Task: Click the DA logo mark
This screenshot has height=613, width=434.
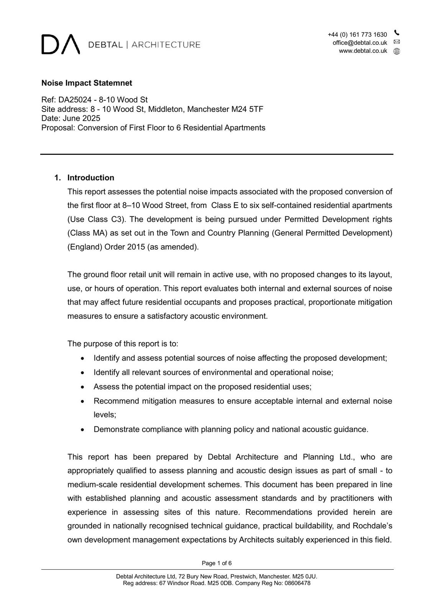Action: (61, 44)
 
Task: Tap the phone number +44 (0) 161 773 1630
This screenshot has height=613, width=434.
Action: (357, 35)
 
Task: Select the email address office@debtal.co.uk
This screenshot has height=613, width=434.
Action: (360, 43)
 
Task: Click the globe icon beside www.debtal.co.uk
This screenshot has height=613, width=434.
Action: (397, 51)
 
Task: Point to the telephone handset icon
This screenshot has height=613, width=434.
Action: (397, 33)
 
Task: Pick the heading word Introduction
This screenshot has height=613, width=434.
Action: (91, 178)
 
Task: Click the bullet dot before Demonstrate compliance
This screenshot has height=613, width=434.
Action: (82, 430)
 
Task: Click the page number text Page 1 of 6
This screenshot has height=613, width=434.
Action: (217, 563)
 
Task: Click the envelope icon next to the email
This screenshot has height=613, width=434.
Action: (397, 42)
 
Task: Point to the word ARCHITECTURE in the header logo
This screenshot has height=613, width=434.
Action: (166, 45)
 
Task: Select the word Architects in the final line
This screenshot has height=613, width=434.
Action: (256, 540)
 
